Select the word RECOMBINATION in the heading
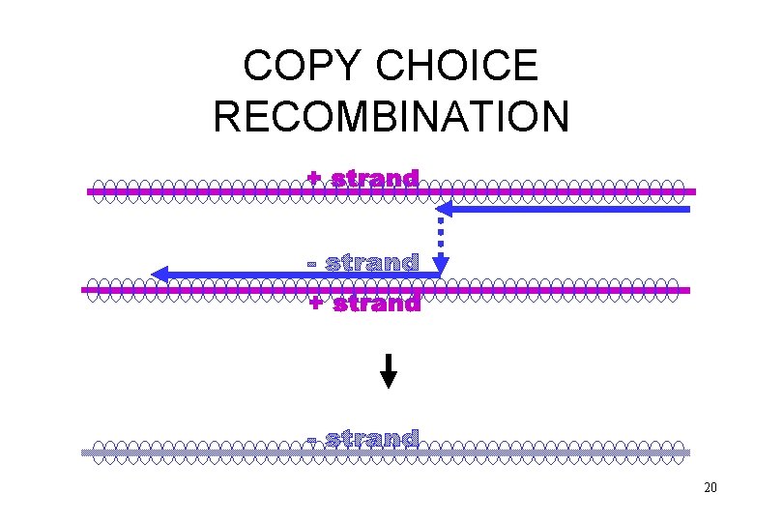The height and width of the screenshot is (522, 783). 391,116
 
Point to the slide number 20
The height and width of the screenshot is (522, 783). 710,488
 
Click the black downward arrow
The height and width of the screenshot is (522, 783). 388,371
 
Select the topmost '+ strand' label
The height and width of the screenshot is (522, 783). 363,179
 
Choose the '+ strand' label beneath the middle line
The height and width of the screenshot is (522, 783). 364,304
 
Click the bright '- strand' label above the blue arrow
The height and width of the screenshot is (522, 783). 362,263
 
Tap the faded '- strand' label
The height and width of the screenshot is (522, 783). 362,439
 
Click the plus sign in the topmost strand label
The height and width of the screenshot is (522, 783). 314,178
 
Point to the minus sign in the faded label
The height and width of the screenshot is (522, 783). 312,441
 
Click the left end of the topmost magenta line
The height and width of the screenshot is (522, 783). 90,192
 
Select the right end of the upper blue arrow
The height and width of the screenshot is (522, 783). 687,209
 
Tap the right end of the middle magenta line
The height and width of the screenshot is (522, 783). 687,289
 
